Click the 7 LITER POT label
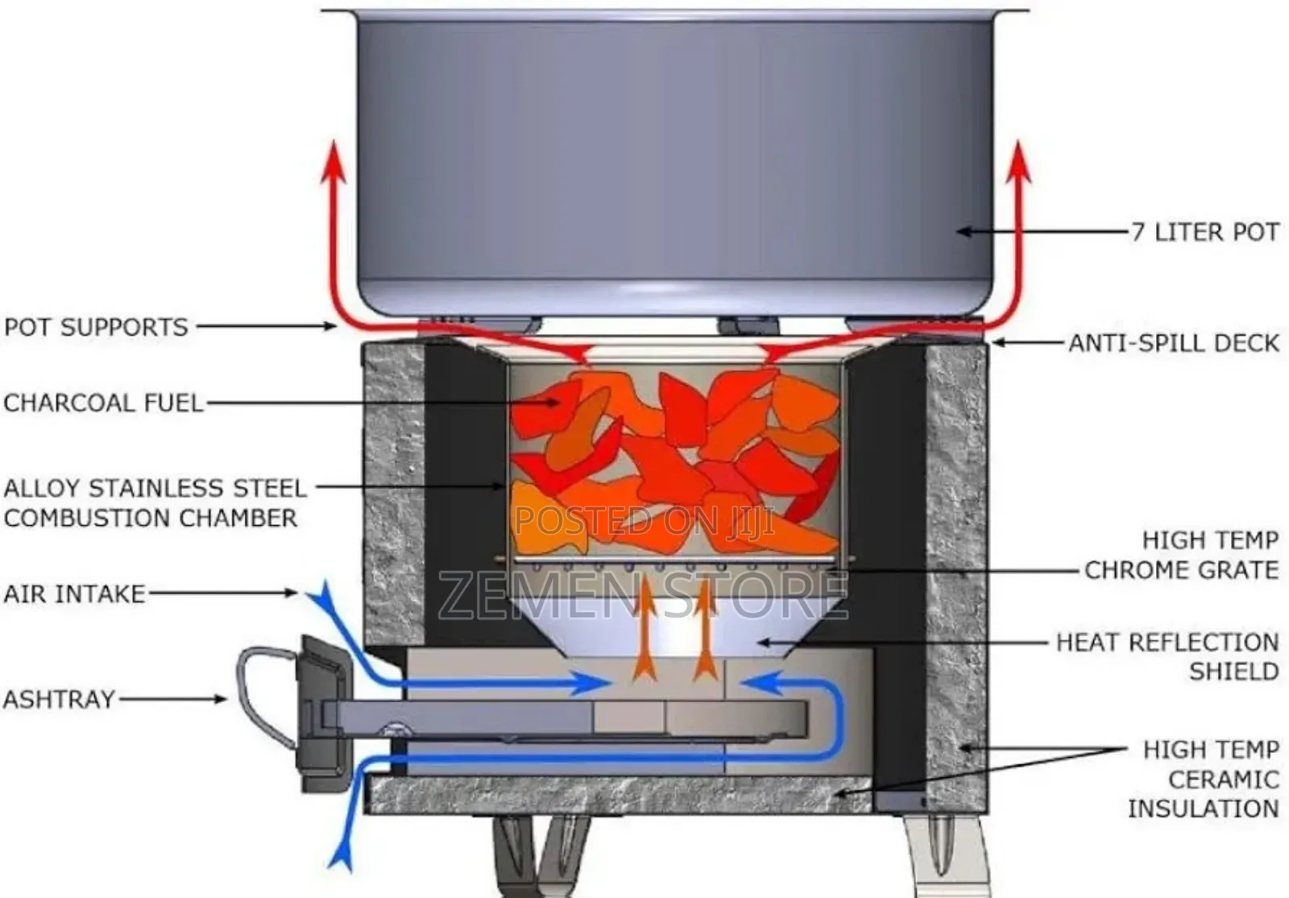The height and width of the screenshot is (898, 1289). click(1205, 232)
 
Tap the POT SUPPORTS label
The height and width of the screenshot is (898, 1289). click(96, 327)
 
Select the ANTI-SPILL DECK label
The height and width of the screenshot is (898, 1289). click(1174, 343)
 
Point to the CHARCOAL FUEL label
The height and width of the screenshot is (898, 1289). click(103, 402)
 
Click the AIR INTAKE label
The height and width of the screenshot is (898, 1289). click(75, 594)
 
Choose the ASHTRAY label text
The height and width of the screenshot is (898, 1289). click(59, 698)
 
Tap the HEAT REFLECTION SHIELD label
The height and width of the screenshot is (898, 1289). click(1167, 656)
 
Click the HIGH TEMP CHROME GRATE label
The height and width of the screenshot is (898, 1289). click(1181, 555)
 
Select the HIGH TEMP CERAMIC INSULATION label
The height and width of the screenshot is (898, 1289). click(1203, 779)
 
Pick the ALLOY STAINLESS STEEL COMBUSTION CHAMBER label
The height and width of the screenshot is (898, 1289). click(155, 503)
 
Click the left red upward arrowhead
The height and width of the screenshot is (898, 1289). click(335, 161)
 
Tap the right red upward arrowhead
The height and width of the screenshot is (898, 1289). click(1020, 161)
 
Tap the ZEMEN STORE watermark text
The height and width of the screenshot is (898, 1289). click(643, 594)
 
